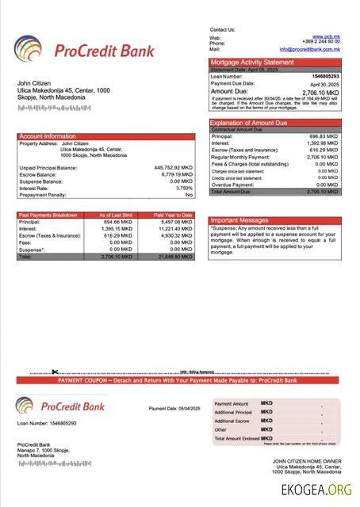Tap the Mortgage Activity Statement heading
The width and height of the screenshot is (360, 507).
pyautogui.click(x=251, y=62)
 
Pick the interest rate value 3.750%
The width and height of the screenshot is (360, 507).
pyautogui.click(x=184, y=188)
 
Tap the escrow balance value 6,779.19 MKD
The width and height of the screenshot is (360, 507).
pyautogui.click(x=176, y=174)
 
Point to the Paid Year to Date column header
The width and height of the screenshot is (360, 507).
pyautogui.click(x=174, y=215)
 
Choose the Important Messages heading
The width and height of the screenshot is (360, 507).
pyautogui.click(x=239, y=220)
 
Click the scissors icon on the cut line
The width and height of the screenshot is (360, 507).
pyautogui.click(x=55, y=372)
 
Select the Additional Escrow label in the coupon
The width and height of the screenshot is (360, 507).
pyautogui.click(x=232, y=421)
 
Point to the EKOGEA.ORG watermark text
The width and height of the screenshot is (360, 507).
pyautogui.click(x=316, y=490)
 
